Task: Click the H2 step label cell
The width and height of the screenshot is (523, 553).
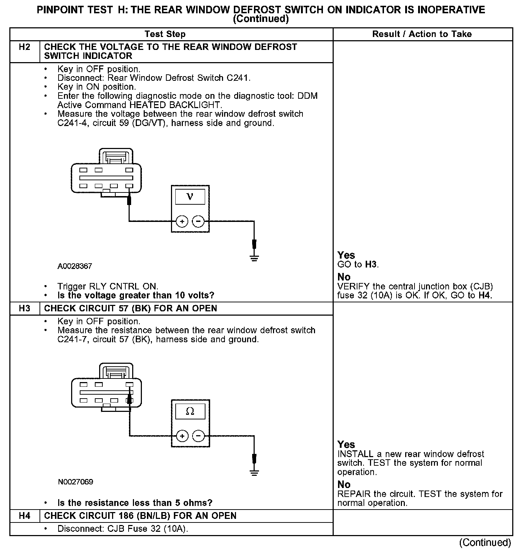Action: coord(24,47)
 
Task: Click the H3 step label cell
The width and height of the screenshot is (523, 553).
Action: coord(24,309)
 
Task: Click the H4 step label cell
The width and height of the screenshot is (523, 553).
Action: coord(24,516)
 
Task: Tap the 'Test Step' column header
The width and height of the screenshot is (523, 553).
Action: coord(165,34)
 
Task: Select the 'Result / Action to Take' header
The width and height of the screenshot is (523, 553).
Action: coord(422,34)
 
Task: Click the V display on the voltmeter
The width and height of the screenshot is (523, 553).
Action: coord(190,197)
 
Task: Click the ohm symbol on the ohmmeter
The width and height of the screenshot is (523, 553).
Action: coord(190,412)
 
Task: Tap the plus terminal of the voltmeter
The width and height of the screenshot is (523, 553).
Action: coord(182,222)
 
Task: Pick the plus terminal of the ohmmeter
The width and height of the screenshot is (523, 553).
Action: coord(182,436)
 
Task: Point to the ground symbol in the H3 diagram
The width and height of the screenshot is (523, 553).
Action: coord(254,473)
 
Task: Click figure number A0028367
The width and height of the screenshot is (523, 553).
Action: coord(75,266)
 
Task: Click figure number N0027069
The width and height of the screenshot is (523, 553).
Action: coord(75,482)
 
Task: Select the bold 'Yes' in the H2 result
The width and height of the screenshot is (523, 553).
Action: coord(346,255)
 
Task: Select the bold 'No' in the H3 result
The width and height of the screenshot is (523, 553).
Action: coord(344,484)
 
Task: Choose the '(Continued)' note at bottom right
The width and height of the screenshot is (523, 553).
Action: coord(485,543)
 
